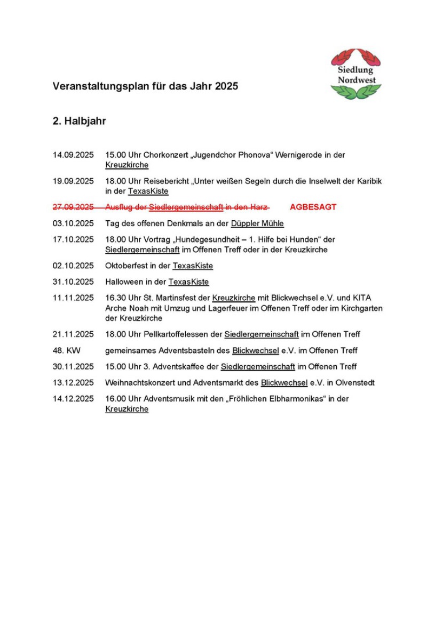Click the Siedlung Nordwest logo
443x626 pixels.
tap(356, 74)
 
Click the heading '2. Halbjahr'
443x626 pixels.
tap(79, 121)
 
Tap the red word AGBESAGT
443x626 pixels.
tap(313, 207)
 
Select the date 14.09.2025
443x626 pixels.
tap(73, 155)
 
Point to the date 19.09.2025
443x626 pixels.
tap(73, 181)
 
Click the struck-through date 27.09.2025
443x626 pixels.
tap(73, 207)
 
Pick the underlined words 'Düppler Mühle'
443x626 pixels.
tap(257, 223)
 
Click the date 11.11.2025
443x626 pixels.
tap(73, 298)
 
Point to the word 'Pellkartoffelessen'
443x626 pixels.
tap(189, 334)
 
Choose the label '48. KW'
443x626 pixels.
tap(66, 350)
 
